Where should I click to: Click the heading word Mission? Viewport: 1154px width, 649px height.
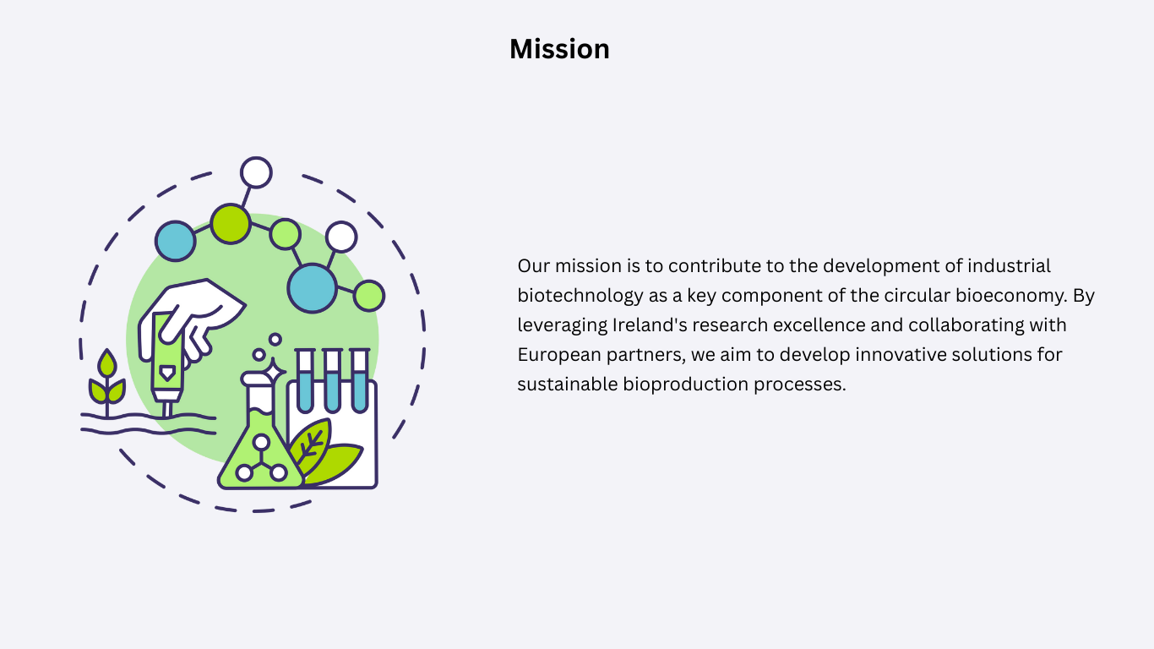coord(559,49)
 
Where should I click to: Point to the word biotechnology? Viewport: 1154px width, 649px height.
coord(580,296)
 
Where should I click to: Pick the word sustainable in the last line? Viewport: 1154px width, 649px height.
coord(567,384)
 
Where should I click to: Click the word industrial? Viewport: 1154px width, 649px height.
coord(1009,266)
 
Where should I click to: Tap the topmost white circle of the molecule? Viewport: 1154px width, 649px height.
coord(256,172)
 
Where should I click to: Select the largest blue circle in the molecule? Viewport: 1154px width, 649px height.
coord(313,288)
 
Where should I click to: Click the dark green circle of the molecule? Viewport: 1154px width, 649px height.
coord(231,224)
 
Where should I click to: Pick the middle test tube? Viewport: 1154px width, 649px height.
coord(332,380)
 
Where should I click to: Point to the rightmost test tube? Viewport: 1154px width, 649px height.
coord(359,380)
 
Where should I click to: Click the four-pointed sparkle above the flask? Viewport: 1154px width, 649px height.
coord(274,371)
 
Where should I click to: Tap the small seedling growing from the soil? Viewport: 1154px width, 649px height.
coord(106,381)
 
